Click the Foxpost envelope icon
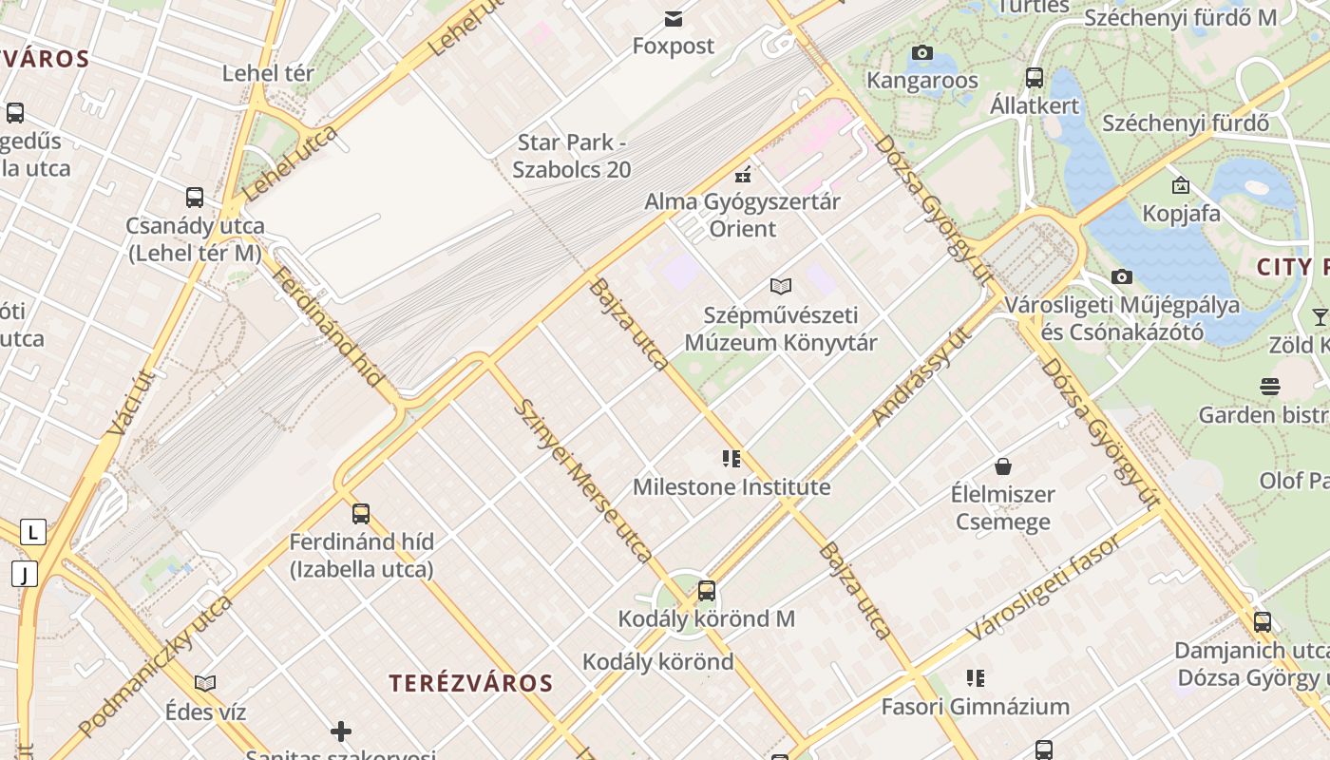click(674, 19)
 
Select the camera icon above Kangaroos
click(921, 53)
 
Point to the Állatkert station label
click(1035, 104)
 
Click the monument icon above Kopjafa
click(1180, 185)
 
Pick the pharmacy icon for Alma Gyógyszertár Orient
click(743, 175)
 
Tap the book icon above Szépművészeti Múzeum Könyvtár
click(781, 286)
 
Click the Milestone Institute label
click(731, 487)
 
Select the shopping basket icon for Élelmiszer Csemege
click(1003, 466)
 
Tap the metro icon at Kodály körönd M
click(706, 591)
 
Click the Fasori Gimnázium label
click(975, 707)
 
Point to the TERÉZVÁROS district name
click(471, 683)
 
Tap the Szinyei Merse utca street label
click(582, 480)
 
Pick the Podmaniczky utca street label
click(156, 666)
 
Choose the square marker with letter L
click(33, 532)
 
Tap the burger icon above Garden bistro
click(1269, 387)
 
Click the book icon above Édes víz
click(205, 683)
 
